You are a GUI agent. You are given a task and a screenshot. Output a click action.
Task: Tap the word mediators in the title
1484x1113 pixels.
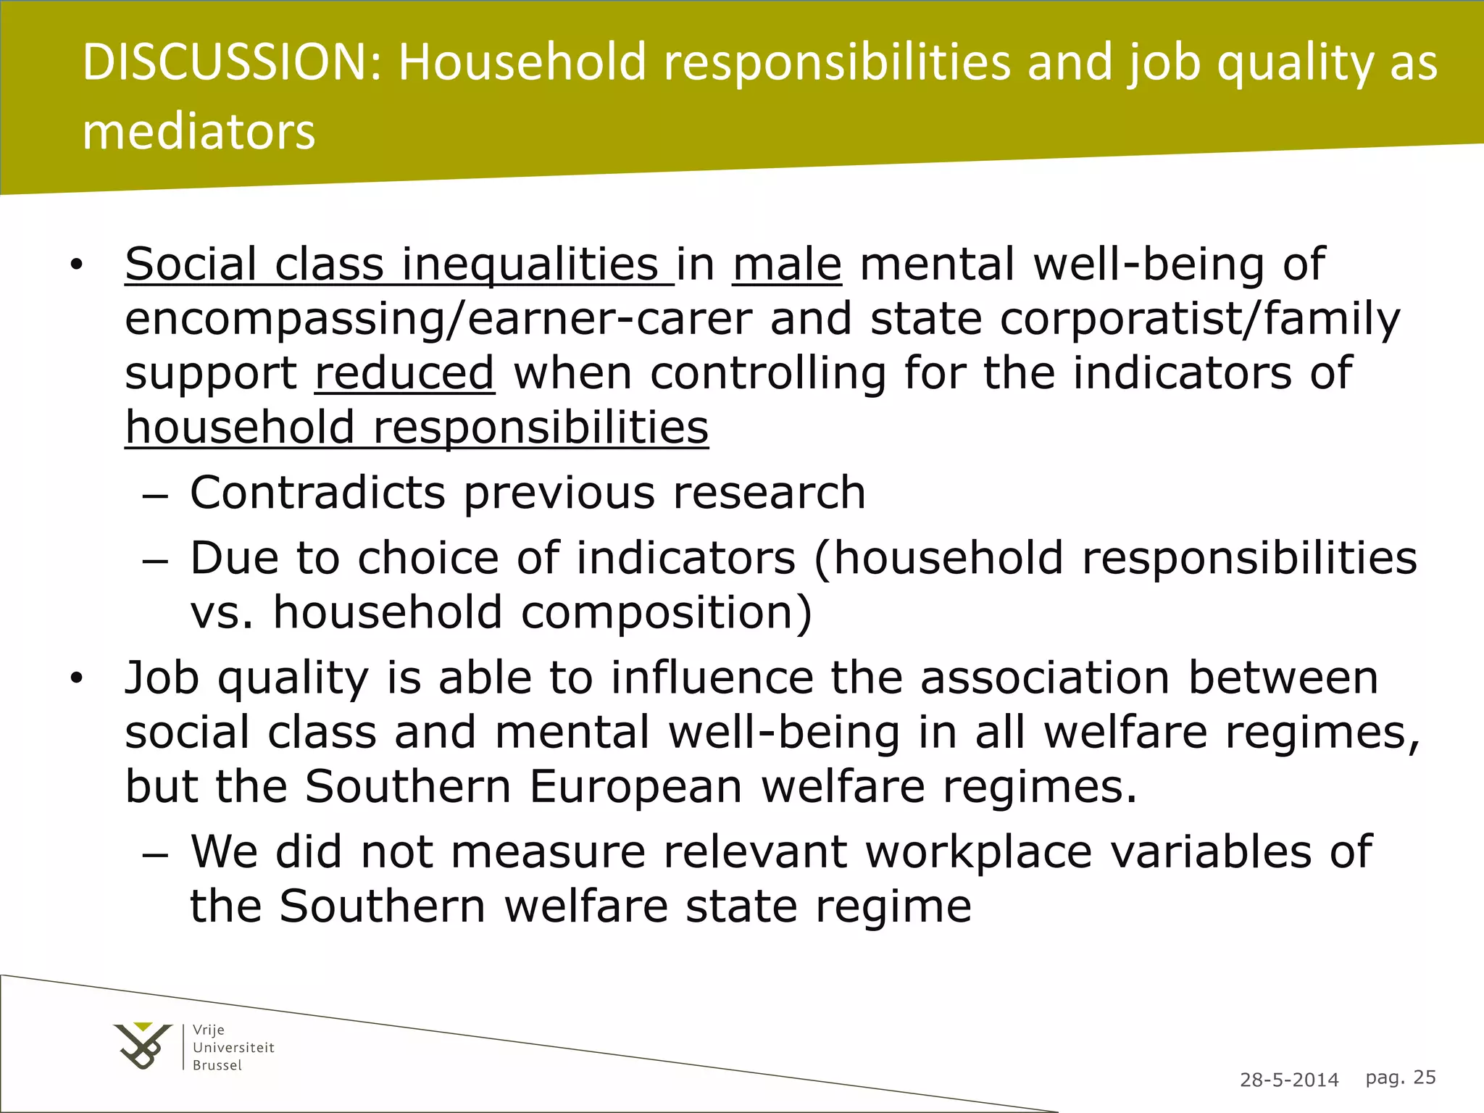pyautogui.click(x=199, y=132)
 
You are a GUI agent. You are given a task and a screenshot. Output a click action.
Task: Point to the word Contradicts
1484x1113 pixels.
pyautogui.click(x=317, y=493)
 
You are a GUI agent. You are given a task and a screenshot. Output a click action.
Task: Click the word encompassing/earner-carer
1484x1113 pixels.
pyautogui.click(x=438, y=319)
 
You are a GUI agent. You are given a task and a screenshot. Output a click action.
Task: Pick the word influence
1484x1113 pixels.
pyautogui.click(x=712, y=678)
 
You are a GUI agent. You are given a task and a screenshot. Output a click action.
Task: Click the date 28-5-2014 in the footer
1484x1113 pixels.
pyautogui.click(x=1289, y=1080)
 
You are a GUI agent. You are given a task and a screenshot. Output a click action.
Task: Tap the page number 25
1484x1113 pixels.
pyautogui.click(x=1425, y=1077)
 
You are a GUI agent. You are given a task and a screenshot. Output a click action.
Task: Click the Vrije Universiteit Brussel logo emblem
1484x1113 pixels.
pyautogui.click(x=143, y=1046)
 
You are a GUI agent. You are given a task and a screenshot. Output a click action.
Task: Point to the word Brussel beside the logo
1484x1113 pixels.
pyautogui.click(x=217, y=1065)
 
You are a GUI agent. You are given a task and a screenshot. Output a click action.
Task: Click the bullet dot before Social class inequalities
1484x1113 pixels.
pyautogui.click(x=77, y=265)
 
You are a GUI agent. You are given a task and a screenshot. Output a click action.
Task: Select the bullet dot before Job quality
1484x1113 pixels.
pyautogui.click(x=77, y=679)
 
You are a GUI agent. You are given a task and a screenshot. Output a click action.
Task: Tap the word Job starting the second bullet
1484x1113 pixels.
pyautogui.click(x=162, y=678)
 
